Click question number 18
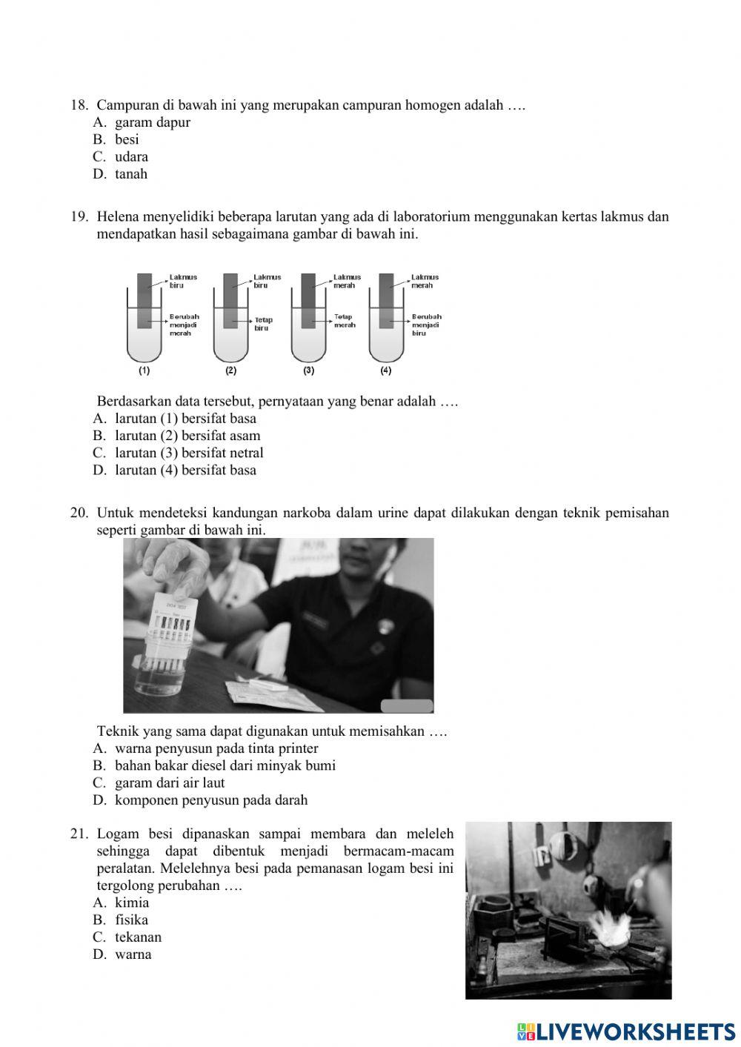coord(79,105)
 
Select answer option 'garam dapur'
coord(152,122)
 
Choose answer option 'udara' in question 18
coord(131,156)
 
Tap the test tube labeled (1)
coord(144,326)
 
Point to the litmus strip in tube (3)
coord(308,300)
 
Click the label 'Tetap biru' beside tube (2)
coord(263,324)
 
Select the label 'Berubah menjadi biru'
coord(426,325)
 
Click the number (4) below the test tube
coord(386,370)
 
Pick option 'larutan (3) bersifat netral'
coord(188,453)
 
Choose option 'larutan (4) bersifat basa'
coord(185,470)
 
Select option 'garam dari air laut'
coord(169,782)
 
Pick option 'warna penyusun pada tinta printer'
coord(216,748)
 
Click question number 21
coord(79,834)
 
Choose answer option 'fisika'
coord(131,920)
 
